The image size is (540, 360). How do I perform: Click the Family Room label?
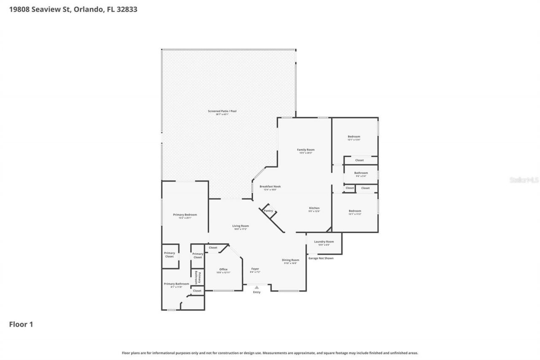[306, 150]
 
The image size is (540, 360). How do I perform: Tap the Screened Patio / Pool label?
[222, 111]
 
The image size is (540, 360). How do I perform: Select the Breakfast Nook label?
[270, 187]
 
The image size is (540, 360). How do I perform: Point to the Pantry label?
[268, 211]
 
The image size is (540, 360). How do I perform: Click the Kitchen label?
[314, 208]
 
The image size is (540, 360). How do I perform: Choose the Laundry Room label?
[324, 242]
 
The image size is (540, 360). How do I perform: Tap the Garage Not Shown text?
[321, 258]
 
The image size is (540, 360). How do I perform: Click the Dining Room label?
[291, 260]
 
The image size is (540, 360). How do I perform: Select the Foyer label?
[255, 269]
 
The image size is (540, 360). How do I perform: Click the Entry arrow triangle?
[256, 287]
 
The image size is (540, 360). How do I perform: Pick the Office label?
[223, 269]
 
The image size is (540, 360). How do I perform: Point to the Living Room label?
[240, 226]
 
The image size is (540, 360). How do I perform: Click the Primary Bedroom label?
[185, 215]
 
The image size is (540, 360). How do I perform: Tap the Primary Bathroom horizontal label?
[176, 284]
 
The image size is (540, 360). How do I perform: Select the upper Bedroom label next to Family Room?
[354, 137]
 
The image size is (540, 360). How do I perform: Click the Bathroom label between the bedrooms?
[361, 173]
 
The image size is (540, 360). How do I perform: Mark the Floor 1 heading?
[21, 325]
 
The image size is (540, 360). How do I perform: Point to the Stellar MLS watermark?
[524, 180]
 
